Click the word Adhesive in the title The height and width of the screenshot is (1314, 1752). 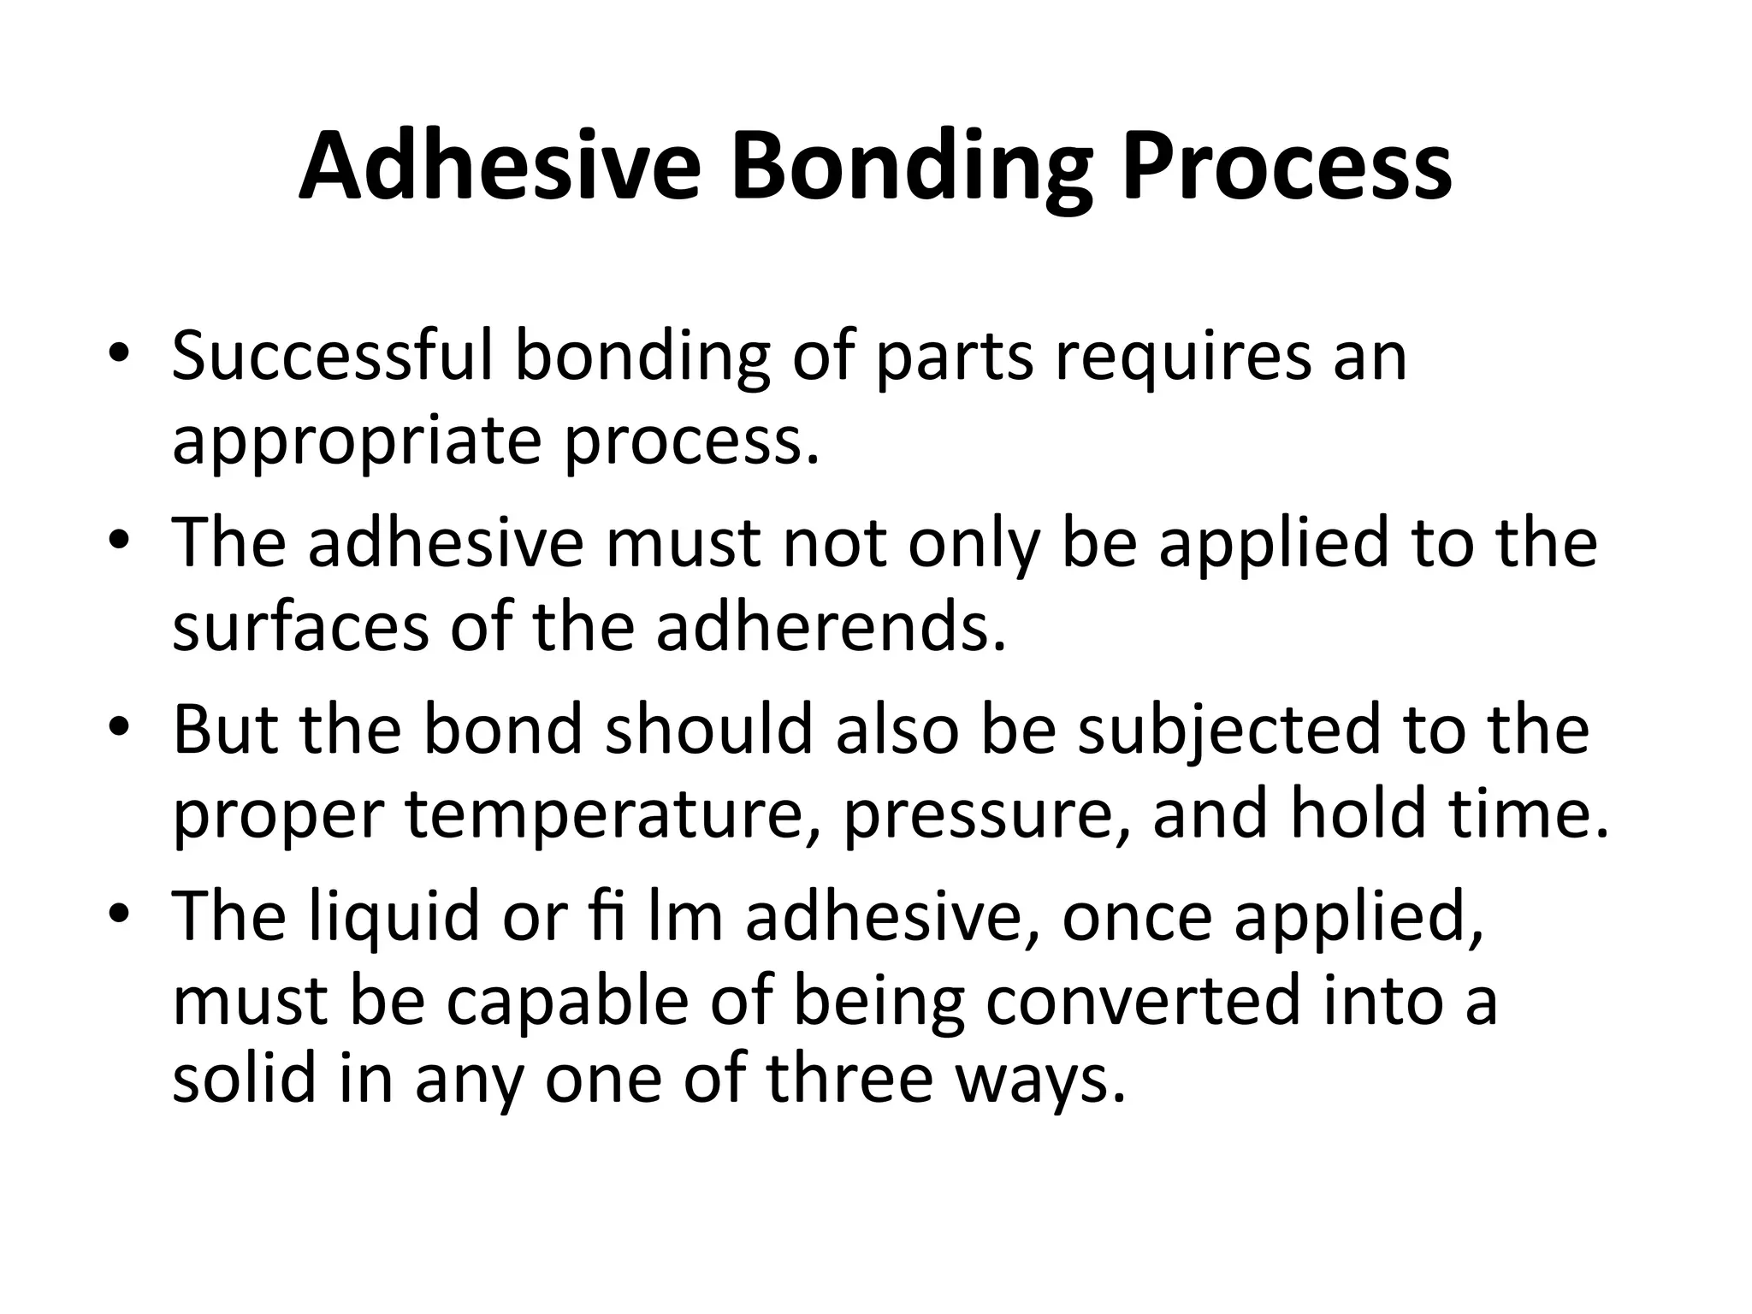pos(500,167)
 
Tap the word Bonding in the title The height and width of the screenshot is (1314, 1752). pos(911,167)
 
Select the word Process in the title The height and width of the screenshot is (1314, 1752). pos(1287,167)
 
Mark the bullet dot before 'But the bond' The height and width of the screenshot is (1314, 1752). pos(119,728)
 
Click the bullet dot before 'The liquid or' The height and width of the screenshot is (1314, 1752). pos(119,915)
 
